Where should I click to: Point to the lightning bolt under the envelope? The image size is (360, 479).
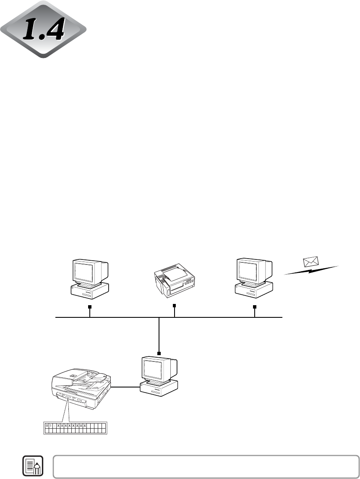[311, 271]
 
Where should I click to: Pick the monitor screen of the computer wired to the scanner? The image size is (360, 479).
[155, 368]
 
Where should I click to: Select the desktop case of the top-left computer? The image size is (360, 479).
[90, 292]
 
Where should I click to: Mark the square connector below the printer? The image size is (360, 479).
[174, 305]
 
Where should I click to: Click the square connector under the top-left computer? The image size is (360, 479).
[89, 307]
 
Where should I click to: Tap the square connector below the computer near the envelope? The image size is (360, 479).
[254, 307]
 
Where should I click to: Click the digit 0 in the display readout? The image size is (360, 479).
[47, 425]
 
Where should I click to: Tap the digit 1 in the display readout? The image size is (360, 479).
[51, 425]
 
